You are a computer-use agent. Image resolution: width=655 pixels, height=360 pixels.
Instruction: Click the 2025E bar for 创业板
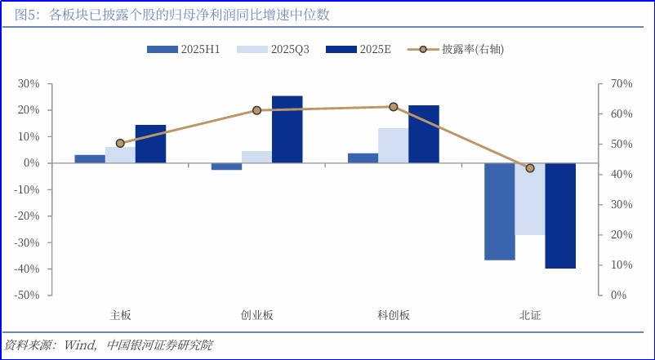point(287,129)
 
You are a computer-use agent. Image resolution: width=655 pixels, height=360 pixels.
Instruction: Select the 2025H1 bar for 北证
point(500,211)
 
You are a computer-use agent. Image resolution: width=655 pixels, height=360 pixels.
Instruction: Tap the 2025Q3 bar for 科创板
point(393,145)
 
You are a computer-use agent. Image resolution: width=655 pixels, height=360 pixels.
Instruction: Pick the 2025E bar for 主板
point(150,144)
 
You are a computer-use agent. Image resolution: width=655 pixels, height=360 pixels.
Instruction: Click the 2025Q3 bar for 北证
point(530,199)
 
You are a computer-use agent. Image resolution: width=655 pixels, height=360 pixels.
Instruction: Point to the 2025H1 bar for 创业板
point(226,167)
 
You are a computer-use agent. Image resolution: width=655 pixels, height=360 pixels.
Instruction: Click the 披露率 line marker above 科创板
point(393,107)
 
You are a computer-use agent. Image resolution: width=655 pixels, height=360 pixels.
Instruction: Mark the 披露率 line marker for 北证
point(530,168)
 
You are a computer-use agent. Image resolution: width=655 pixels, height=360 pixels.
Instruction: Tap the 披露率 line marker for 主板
point(120,143)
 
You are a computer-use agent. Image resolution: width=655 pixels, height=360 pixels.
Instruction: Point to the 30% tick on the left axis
point(29,84)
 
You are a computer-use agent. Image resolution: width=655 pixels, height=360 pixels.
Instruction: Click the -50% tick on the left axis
point(27,296)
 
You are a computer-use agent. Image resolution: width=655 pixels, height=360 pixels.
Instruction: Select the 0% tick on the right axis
point(619,296)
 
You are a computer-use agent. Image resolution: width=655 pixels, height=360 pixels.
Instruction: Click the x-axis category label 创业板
point(256,315)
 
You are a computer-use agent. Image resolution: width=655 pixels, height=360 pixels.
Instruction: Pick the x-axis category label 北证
point(530,315)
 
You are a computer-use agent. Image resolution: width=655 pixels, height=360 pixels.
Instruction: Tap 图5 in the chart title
point(17,16)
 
